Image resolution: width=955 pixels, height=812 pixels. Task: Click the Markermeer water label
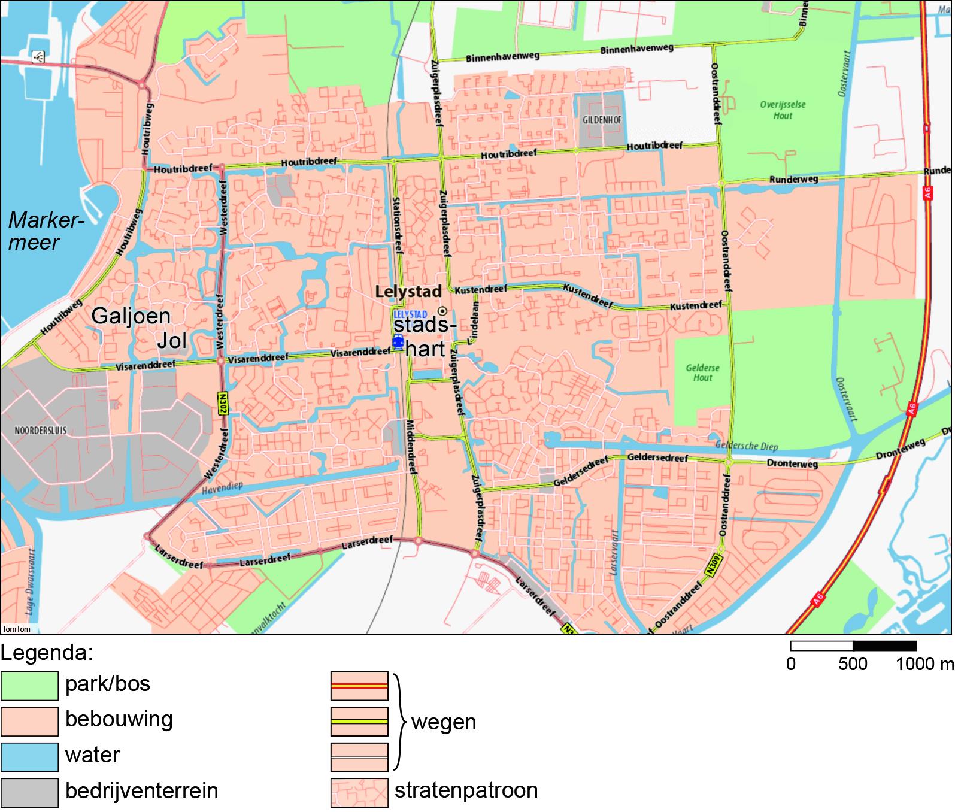point(45,231)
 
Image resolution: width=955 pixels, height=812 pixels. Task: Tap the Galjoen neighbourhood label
point(131,316)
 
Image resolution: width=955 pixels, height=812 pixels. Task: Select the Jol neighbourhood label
point(172,341)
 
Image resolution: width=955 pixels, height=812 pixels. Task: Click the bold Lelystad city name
point(408,292)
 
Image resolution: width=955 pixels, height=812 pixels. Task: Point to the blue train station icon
point(398,342)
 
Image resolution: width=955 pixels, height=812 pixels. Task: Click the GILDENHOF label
point(602,120)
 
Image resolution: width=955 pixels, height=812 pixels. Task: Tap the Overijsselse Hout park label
point(783,110)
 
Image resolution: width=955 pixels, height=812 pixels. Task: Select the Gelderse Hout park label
point(702,373)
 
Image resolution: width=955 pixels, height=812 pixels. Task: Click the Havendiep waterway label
point(223,488)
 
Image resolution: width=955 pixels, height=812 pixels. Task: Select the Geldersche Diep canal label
point(746,446)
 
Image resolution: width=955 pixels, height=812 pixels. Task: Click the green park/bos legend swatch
point(29,686)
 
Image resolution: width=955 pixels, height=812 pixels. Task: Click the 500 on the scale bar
point(853,664)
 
